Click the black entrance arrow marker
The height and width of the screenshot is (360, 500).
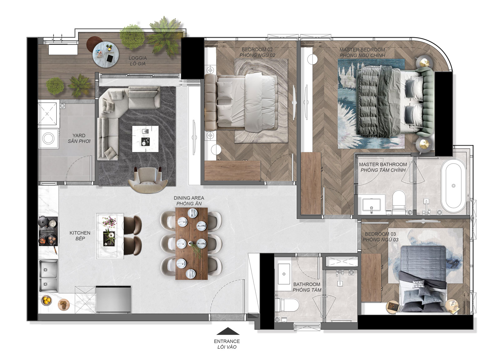tap(228, 331)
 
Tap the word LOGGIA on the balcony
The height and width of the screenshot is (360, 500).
tap(138, 58)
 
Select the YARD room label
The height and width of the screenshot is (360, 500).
tap(79, 135)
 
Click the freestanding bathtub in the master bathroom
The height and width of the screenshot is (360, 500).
tap(453, 186)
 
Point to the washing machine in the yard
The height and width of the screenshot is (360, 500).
tap(49, 138)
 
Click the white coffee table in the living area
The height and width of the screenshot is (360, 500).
tap(145, 139)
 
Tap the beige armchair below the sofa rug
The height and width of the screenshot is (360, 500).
tap(148, 180)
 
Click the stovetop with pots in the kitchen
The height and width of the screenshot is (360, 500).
tap(48, 231)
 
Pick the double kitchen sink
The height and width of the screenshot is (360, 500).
tap(48, 276)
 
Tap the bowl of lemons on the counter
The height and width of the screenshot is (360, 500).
tap(47, 300)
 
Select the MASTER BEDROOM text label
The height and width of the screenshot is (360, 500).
tap(362, 50)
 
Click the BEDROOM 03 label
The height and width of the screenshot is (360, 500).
tap(380, 234)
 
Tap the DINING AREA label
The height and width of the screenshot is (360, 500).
tap(189, 198)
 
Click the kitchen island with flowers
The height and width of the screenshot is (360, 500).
tap(110, 236)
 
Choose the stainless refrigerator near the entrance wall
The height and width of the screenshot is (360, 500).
tap(113, 299)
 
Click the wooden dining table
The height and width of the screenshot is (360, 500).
tap(192, 244)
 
